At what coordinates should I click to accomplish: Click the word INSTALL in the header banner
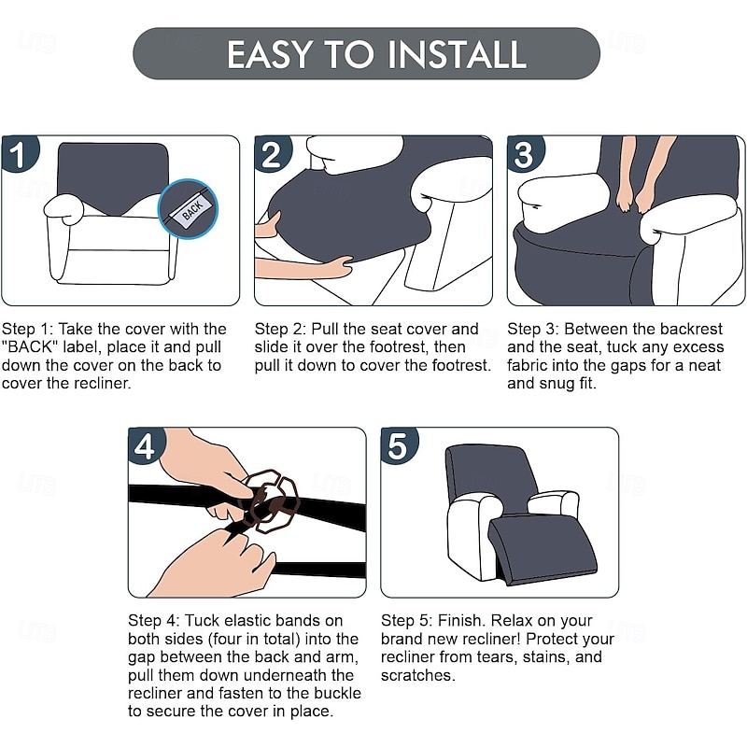pos(457,54)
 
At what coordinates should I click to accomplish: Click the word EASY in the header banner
pos(269,54)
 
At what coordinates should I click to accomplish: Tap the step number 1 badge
pos(19,153)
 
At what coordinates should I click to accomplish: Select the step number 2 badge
pos(272,153)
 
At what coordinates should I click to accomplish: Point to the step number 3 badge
pos(525,153)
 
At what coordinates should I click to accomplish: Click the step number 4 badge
pos(146,445)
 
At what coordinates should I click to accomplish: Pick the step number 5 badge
pos(399,445)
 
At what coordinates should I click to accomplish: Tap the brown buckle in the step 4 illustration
pos(270,500)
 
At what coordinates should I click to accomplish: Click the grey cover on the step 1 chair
pos(112,177)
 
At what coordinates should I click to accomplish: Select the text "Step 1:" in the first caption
pos(28,330)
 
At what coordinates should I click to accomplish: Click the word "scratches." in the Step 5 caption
pos(417,675)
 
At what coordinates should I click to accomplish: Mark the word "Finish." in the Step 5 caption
pos(461,621)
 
